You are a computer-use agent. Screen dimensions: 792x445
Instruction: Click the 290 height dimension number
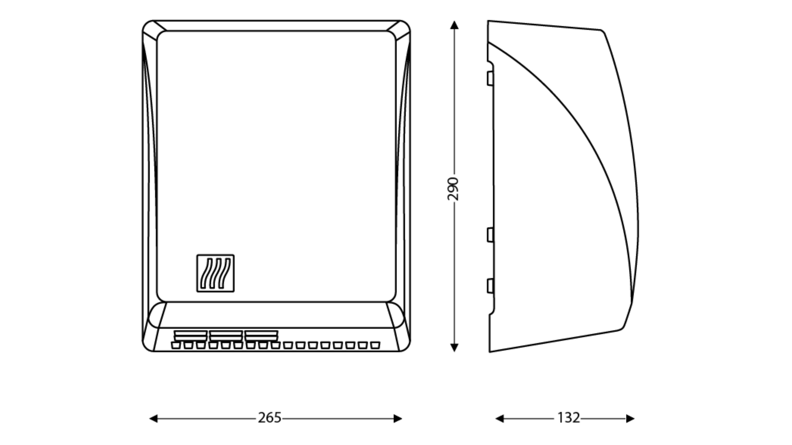(453, 189)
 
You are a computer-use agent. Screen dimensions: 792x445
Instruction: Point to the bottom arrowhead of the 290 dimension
(454, 348)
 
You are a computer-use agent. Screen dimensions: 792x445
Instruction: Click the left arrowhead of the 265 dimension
(153, 419)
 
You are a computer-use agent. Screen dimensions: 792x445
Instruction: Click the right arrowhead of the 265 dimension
(398, 419)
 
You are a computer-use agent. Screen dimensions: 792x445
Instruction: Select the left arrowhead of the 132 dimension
(500, 419)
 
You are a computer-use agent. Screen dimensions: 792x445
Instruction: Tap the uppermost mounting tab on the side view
(490, 78)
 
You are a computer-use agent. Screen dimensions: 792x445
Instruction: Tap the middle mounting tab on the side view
(490, 235)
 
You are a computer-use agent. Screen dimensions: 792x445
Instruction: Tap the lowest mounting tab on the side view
(490, 286)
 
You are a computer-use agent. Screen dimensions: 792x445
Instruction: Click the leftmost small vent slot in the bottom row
(176, 345)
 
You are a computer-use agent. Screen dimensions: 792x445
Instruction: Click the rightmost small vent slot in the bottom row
(375, 345)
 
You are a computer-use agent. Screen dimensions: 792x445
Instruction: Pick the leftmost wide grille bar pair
(191, 336)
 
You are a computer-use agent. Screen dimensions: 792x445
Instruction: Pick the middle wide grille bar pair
(226, 336)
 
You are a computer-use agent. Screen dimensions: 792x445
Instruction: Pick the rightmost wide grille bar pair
(261, 336)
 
